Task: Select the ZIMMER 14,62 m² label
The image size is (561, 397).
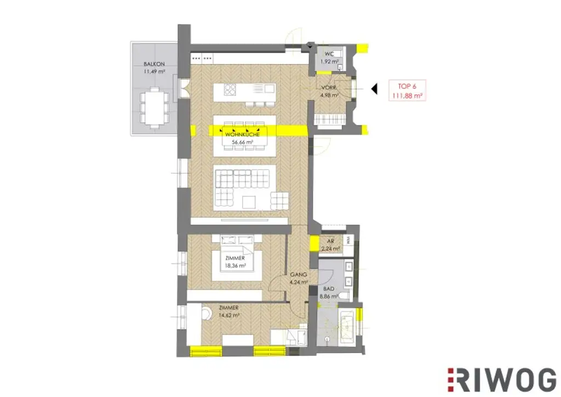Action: click(228, 312)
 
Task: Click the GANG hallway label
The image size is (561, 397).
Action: click(297, 275)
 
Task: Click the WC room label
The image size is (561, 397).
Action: click(329, 54)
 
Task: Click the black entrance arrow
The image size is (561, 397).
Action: click(374, 88)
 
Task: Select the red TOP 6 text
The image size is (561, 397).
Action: click(406, 86)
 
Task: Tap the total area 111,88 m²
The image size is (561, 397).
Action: click(406, 95)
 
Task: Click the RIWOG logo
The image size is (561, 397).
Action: click(501, 379)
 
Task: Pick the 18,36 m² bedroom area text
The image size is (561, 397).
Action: click(235, 266)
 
